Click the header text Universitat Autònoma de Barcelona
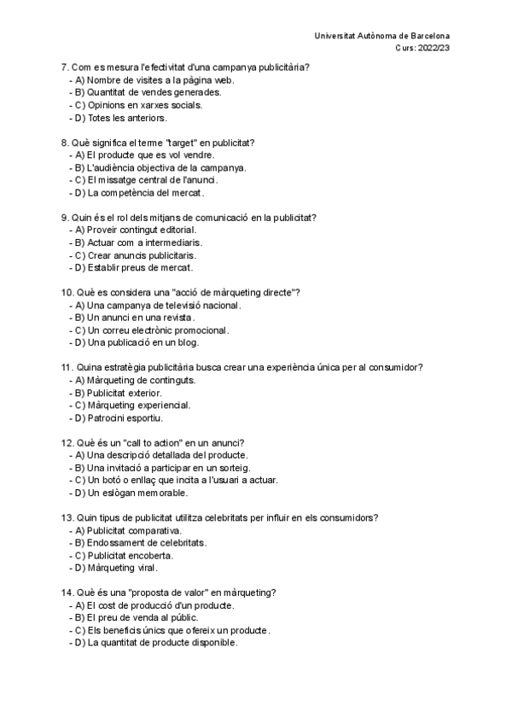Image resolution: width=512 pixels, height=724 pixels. tap(382, 36)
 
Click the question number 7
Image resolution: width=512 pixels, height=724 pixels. tap(64, 67)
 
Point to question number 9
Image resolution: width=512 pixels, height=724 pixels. tap(64, 218)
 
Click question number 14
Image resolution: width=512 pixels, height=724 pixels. tap(67, 593)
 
